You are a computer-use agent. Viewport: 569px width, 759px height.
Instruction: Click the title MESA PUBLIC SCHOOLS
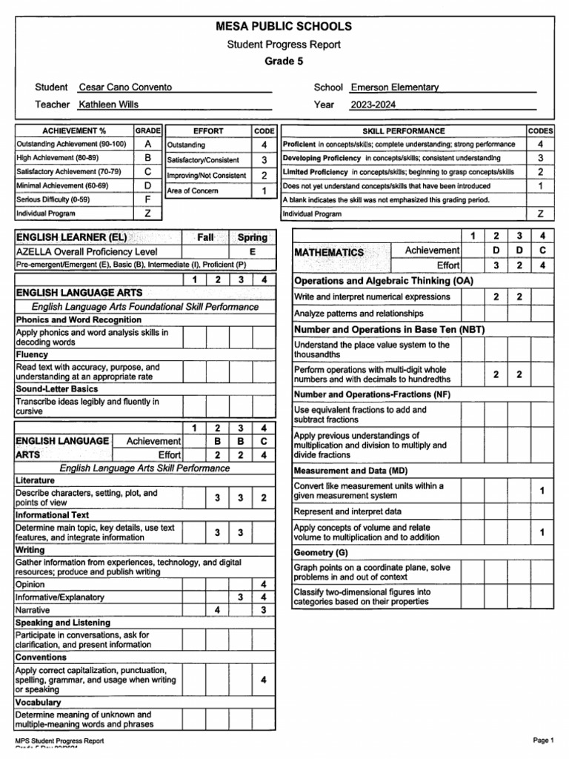point(284,27)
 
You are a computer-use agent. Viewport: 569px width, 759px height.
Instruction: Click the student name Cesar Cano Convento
point(125,87)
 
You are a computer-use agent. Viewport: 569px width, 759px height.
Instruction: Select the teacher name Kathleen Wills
point(108,105)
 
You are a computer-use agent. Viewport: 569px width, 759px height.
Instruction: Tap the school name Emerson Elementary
point(394,87)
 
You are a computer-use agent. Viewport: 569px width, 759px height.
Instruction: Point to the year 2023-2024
point(373,105)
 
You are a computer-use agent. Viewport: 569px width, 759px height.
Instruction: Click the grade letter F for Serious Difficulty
point(148,199)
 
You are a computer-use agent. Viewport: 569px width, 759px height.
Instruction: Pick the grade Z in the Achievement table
point(148,213)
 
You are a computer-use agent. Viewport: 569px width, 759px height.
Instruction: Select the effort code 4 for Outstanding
point(264,145)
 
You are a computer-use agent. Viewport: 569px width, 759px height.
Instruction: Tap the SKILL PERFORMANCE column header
point(403,130)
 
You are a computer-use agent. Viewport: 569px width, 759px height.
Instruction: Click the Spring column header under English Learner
point(253,238)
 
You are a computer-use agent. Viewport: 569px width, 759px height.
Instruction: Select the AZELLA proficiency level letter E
point(253,252)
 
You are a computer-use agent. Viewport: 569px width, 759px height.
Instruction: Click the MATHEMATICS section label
point(329,252)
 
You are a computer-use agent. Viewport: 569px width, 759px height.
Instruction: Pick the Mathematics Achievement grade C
point(542,251)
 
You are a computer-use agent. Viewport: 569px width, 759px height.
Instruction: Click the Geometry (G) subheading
point(321,553)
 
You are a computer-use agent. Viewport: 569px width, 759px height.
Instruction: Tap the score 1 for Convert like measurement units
point(542,491)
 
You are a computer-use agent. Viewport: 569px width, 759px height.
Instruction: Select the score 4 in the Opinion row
point(264,584)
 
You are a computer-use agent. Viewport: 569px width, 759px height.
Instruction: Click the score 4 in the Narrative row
point(217,610)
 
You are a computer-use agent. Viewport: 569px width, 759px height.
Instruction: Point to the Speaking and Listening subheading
point(63,623)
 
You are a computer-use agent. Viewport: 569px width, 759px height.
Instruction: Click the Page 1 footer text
point(542,740)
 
